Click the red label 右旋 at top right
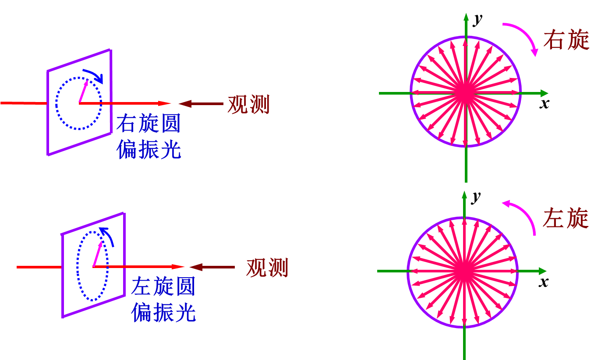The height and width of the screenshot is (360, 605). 566,40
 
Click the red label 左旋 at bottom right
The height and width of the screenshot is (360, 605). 566,218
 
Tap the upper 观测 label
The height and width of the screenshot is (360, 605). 248,105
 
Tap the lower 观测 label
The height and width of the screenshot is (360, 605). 267,268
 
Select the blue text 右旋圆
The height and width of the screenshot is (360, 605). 149,124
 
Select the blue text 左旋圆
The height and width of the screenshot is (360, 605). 163,287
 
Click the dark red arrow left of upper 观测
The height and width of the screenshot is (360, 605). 201,104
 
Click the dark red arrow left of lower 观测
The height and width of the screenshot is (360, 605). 212,267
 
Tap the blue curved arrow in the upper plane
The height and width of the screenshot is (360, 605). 94,75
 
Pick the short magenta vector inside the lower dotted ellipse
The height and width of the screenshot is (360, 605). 98,254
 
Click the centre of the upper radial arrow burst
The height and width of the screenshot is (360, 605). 466,93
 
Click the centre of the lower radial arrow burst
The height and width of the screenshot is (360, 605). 464,271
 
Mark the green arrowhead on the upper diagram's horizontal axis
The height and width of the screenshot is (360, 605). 544,93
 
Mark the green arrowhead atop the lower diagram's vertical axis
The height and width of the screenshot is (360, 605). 464,194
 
